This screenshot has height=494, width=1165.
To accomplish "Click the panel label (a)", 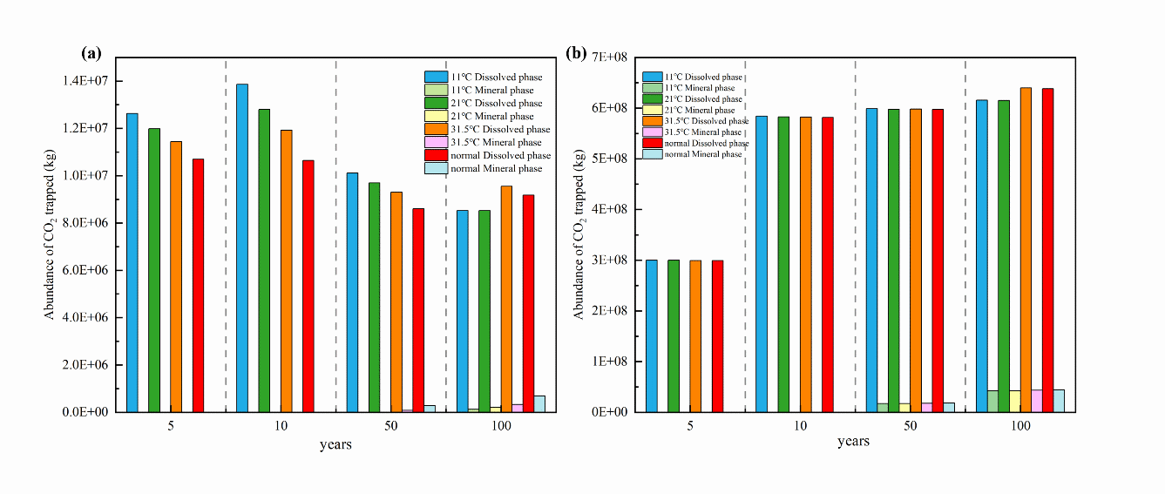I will click(91, 53).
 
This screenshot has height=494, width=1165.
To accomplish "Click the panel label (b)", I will click(576, 53).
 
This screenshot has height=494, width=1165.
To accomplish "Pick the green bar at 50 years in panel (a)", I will click(374, 296).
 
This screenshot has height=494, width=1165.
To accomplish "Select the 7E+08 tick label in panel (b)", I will click(610, 58).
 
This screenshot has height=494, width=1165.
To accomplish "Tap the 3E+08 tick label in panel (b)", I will click(610, 261).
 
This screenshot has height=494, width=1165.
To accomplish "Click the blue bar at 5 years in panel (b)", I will click(651, 335).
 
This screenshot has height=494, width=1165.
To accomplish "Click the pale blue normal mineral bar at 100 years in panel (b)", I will click(1059, 401).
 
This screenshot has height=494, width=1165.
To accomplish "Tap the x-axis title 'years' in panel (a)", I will click(335, 446).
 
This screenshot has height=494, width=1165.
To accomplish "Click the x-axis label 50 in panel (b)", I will click(910, 427).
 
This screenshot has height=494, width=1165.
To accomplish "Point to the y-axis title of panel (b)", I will click(579, 234).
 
